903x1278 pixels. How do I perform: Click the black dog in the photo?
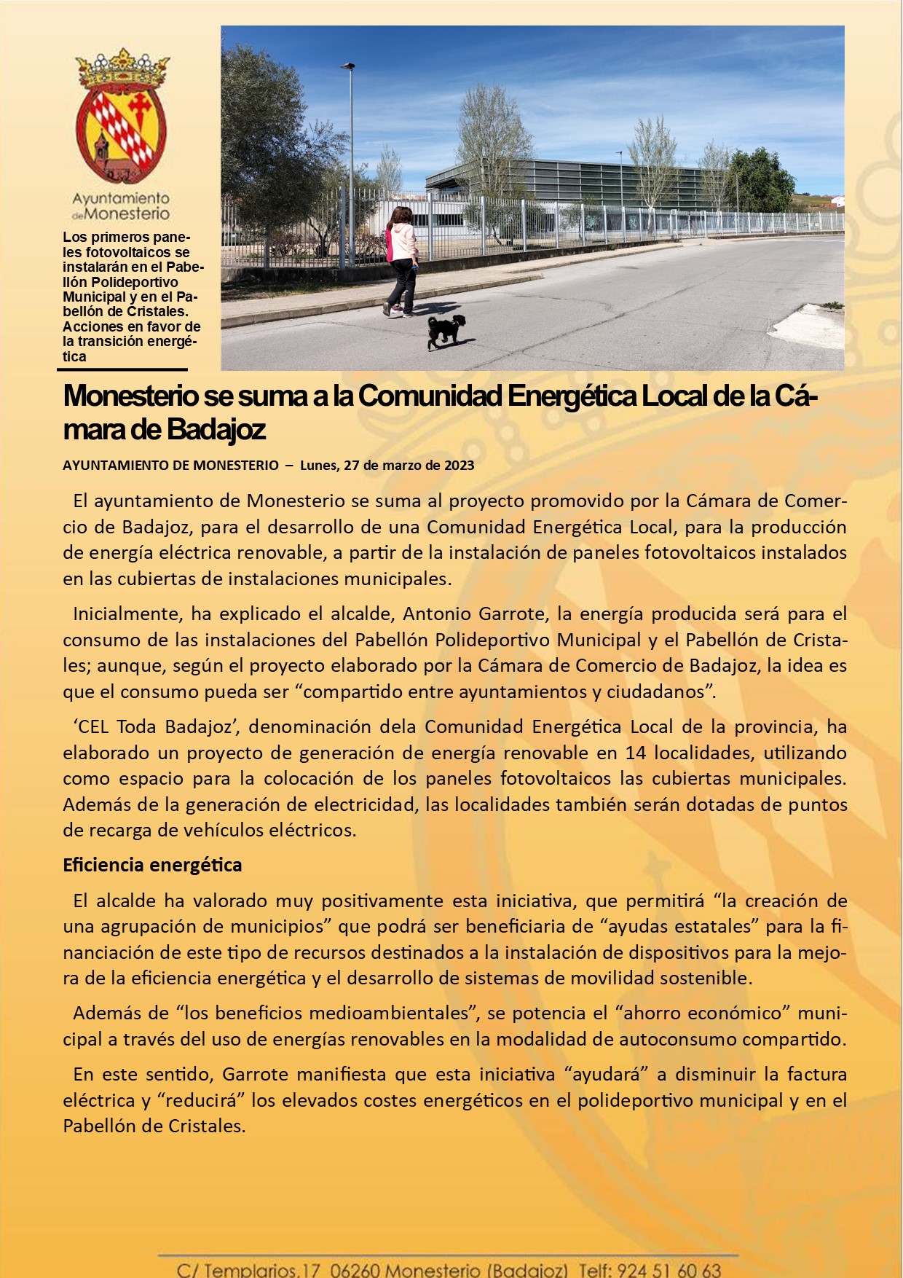point(445,330)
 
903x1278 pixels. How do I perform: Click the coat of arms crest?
point(121,117)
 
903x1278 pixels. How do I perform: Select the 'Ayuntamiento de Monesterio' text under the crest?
point(121,206)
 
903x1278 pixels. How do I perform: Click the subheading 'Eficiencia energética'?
point(152,865)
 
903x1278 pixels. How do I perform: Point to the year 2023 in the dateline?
point(459,466)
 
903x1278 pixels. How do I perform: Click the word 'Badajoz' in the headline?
point(216,430)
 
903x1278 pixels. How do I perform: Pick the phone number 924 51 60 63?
point(669,1270)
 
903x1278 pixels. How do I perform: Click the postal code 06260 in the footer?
point(354,1270)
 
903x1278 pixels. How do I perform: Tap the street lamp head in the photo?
point(348,66)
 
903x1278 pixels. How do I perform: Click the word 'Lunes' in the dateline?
point(318,466)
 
